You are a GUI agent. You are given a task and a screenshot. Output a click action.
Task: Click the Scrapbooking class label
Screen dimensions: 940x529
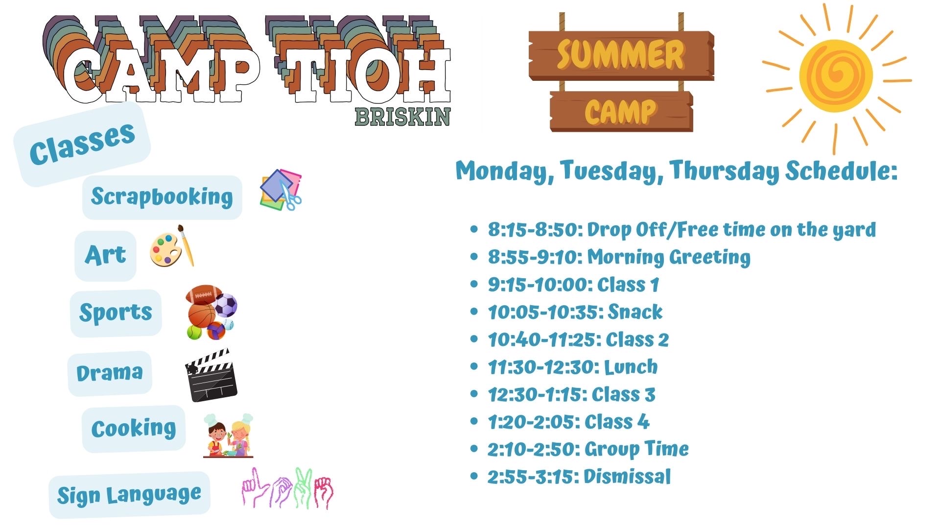pos(162,197)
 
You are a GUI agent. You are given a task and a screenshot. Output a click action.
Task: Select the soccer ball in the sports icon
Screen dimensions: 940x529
pos(225,305)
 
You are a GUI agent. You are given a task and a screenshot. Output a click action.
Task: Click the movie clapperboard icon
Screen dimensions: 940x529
pos(211,375)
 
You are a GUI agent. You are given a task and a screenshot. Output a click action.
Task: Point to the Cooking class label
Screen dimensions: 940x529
pos(134,429)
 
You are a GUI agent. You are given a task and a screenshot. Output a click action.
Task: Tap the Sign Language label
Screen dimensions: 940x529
pos(129,495)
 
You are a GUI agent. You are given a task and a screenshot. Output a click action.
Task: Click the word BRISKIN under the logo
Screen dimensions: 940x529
pos(402,117)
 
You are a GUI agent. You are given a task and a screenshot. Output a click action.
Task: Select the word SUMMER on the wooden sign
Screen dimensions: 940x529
pos(620,54)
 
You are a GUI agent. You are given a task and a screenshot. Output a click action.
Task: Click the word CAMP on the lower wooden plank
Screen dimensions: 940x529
pos(620,112)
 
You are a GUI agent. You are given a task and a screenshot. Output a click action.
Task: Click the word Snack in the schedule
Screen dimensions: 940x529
pos(635,312)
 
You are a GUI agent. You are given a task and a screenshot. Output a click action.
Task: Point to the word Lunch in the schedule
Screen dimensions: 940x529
pos(631,367)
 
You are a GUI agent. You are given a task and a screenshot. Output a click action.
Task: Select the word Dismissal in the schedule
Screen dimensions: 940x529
pos(627,477)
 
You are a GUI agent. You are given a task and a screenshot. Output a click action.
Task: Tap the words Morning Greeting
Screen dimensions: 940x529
pos(669,258)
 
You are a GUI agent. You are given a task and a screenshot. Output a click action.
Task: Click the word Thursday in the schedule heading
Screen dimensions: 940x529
pos(725,171)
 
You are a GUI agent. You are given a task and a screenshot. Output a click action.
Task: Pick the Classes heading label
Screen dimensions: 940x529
pos(82,144)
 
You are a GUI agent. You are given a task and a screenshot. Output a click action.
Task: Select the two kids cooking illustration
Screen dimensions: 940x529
pos(228,435)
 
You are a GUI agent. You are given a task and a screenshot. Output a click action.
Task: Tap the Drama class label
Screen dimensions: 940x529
pos(110,373)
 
